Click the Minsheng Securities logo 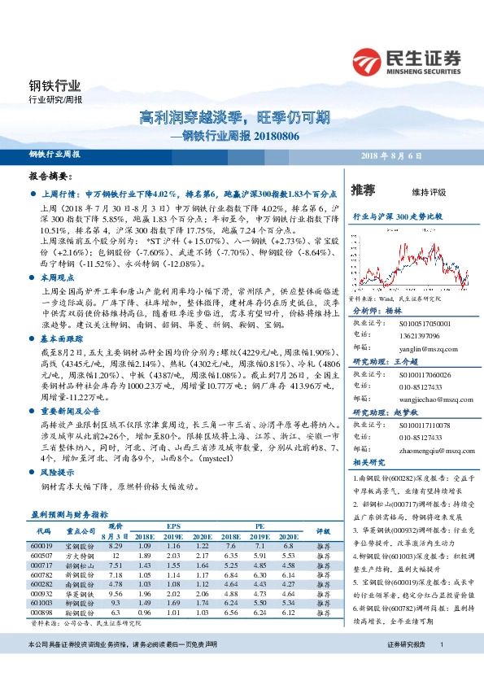click(406, 61)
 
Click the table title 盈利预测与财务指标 click(69, 514)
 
